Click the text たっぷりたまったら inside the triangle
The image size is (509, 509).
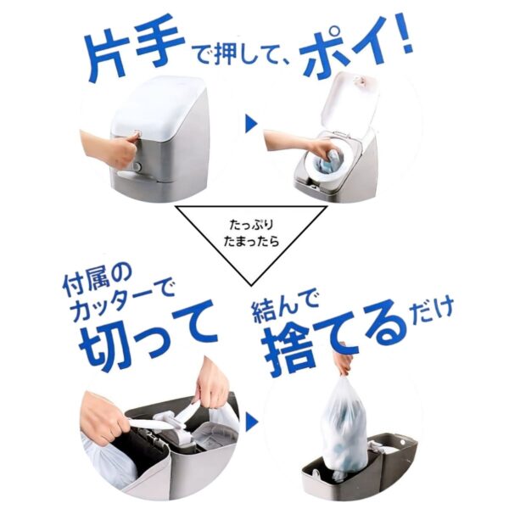coord(255,234)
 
